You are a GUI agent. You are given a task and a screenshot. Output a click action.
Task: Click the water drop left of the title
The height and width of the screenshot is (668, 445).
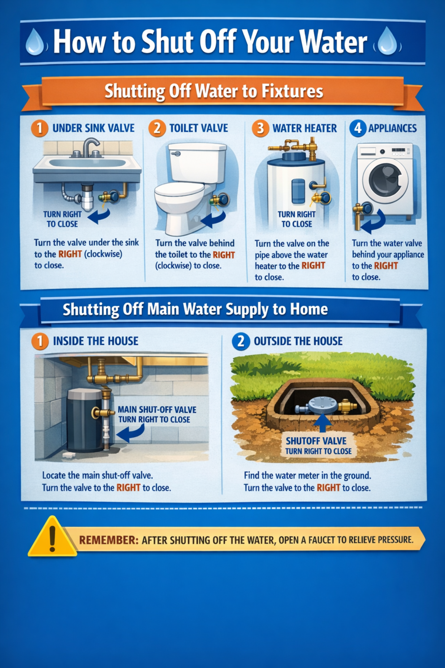(35, 42)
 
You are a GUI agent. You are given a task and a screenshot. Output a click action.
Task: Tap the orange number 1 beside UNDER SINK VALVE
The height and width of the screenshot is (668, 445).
(39, 128)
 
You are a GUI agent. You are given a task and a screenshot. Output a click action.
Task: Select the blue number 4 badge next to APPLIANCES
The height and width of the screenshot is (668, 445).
(357, 128)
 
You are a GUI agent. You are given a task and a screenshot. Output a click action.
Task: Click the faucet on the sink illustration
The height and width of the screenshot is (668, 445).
(89, 147)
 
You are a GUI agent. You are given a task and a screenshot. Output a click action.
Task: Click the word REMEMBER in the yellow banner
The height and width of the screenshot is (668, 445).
(108, 540)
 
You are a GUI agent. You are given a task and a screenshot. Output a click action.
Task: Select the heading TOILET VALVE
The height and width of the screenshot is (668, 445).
(198, 128)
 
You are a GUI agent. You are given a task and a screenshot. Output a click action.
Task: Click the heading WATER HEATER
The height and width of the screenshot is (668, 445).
(304, 128)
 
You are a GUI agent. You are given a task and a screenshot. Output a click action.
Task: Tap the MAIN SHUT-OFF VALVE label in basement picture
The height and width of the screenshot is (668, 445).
(157, 410)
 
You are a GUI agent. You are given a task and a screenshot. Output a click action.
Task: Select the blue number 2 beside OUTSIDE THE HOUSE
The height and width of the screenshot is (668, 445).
(241, 341)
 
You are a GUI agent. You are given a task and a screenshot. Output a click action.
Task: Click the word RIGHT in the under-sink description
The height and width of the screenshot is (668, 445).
(70, 254)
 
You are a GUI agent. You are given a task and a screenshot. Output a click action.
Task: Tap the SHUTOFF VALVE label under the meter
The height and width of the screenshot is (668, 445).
(316, 441)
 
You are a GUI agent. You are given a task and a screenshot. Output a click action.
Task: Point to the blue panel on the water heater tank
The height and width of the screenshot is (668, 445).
(298, 191)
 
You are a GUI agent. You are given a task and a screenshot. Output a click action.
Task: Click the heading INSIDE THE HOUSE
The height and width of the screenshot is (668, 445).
(96, 341)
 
